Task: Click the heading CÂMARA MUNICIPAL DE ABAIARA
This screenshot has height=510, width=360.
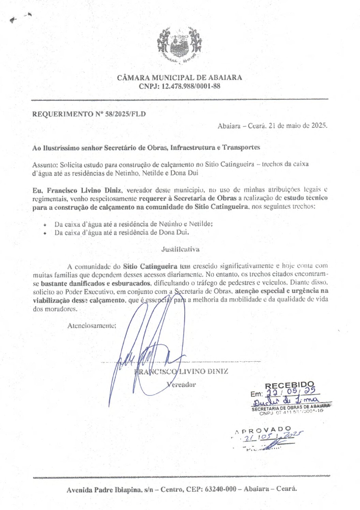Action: pos(179,77)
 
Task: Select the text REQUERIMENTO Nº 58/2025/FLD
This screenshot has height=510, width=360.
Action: pos(89,114)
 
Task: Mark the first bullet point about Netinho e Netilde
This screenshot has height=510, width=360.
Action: pos(134,224)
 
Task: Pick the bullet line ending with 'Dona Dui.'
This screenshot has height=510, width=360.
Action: pos(122,233)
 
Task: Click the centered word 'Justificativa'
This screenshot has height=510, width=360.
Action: pos(180,249)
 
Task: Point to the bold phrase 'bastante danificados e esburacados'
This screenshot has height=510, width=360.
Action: pos(95,283)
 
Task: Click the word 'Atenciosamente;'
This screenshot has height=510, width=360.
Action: pos(92,326)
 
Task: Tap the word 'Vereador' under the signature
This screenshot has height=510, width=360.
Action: pos(181,385)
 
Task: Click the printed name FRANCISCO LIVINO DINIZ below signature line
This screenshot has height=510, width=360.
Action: pos(181,371)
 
